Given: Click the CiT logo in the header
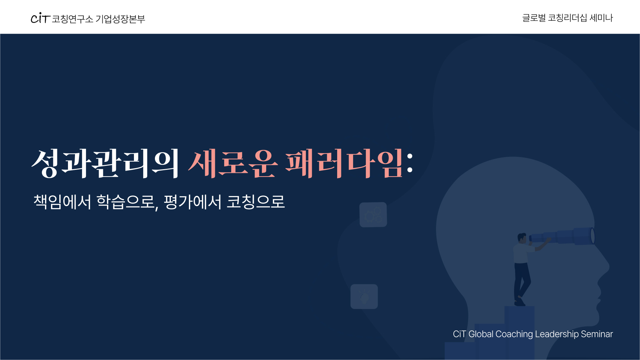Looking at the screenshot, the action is coord(40,18).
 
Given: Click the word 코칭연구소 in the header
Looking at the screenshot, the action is coord(73,19).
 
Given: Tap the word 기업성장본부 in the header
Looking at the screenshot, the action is coord(120,19).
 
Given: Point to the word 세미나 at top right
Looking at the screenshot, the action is coord(601,18).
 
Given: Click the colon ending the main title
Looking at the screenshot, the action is coord(410,163).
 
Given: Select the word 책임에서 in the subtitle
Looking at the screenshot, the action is coord(62,202).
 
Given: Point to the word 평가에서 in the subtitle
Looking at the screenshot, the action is coord(193,202).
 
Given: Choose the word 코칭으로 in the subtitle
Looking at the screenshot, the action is coord(256,202).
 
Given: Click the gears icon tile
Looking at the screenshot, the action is coord(373,215).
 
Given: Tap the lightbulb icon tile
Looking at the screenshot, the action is coord(364,296).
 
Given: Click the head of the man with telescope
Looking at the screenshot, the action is coord(522,238).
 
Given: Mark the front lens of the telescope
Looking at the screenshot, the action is coord(593,236).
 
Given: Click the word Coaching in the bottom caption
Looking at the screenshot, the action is coord(514,334).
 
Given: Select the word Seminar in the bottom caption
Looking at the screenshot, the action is coord(597,334).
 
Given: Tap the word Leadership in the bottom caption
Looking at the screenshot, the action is coord(557,334).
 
